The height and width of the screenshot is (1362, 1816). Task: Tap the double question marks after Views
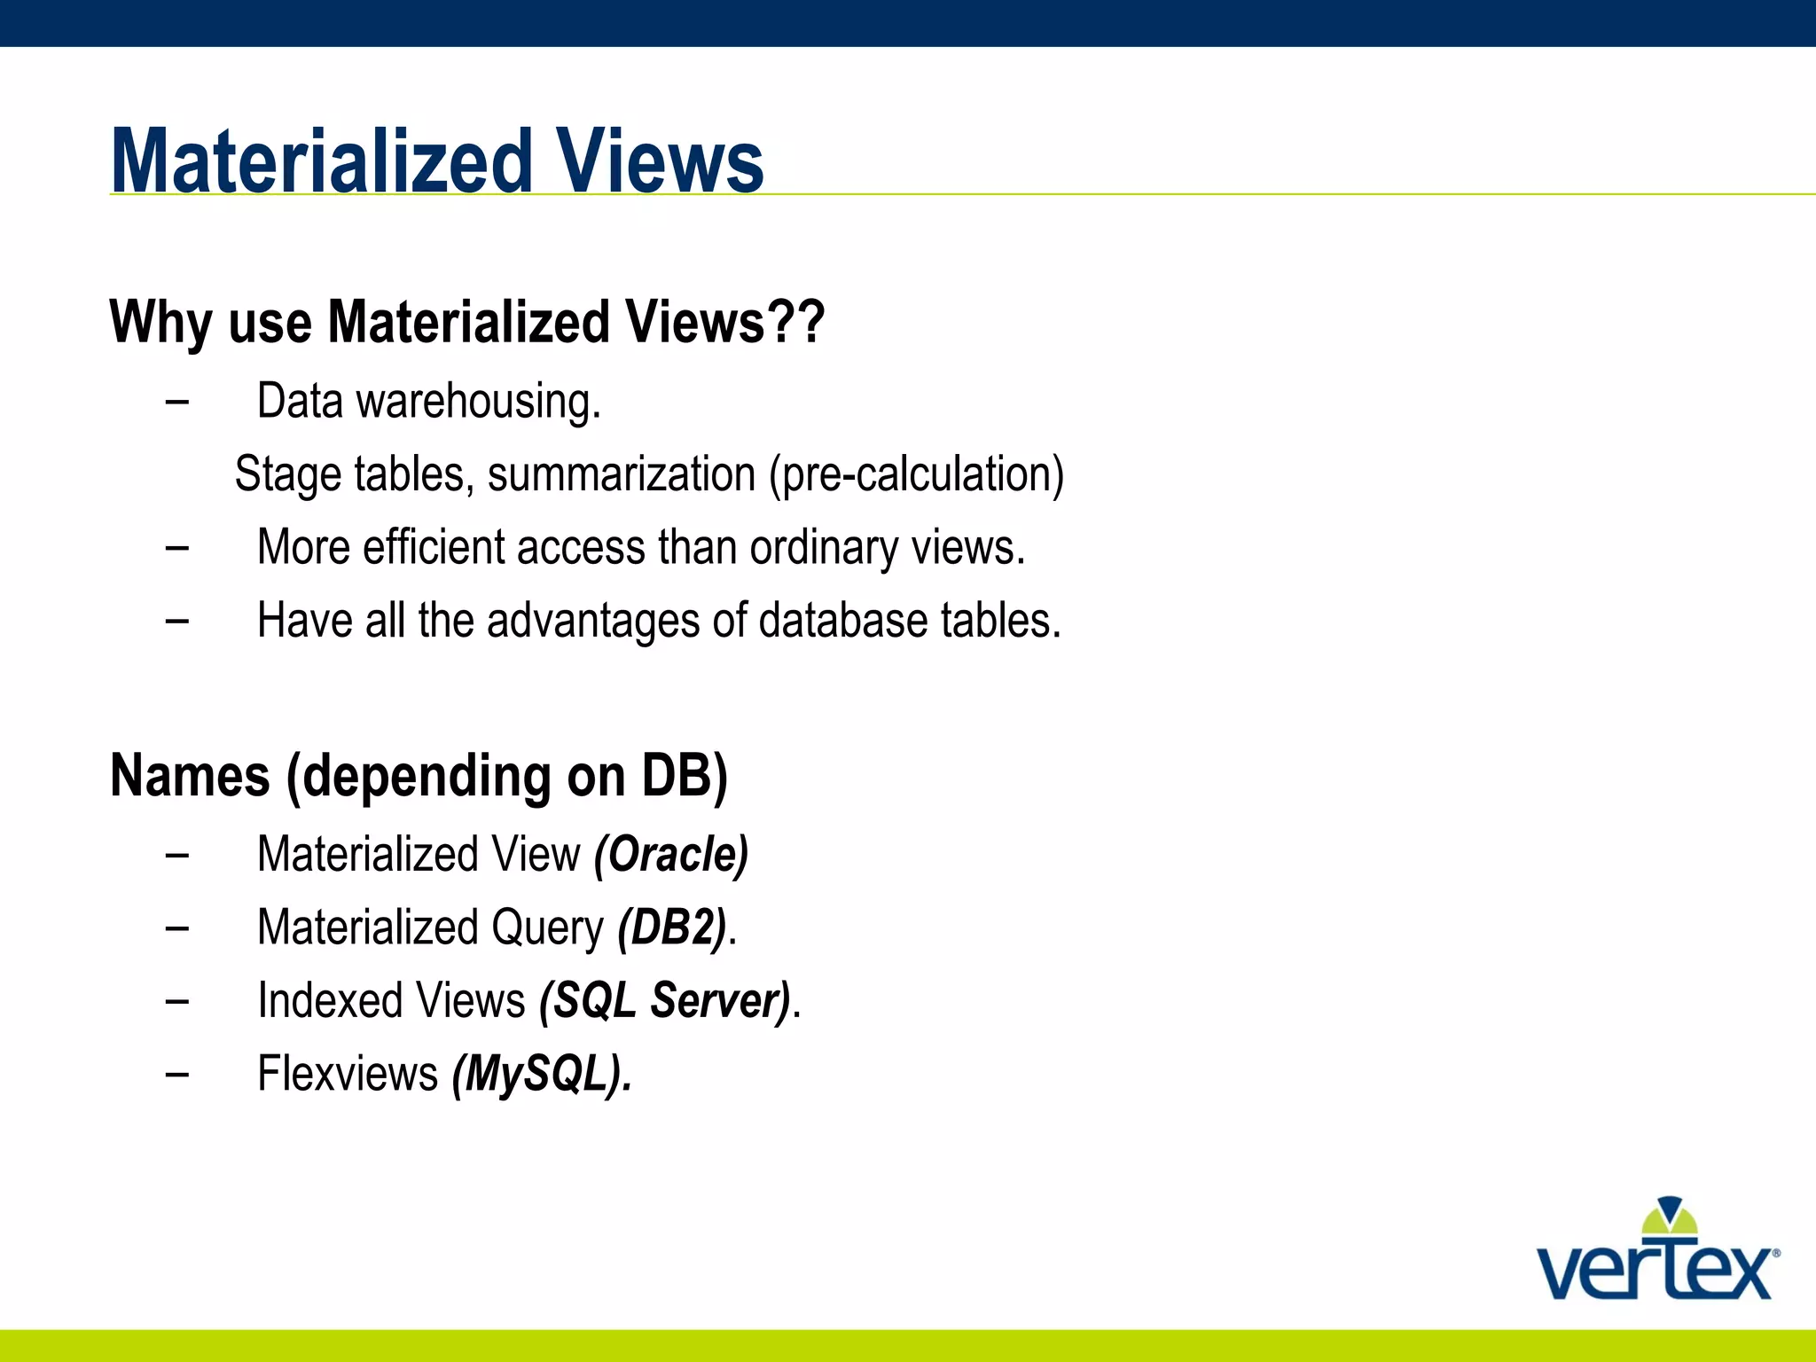[796, 321]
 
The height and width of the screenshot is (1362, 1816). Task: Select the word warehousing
[479, 402]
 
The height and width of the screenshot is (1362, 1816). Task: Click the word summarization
[621, 474]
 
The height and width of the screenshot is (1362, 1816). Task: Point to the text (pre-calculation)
[916, 474]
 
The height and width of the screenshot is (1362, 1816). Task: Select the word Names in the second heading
[190, 776]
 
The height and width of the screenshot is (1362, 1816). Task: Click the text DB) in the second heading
[684, 776]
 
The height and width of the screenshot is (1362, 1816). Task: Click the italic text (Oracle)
[671, 855]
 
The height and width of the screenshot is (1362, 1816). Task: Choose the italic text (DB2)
[672, 928]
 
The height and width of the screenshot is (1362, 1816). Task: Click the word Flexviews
[348, 1074]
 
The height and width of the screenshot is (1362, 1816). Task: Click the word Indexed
[327, 1001]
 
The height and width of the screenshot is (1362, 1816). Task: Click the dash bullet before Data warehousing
[176, 402]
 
